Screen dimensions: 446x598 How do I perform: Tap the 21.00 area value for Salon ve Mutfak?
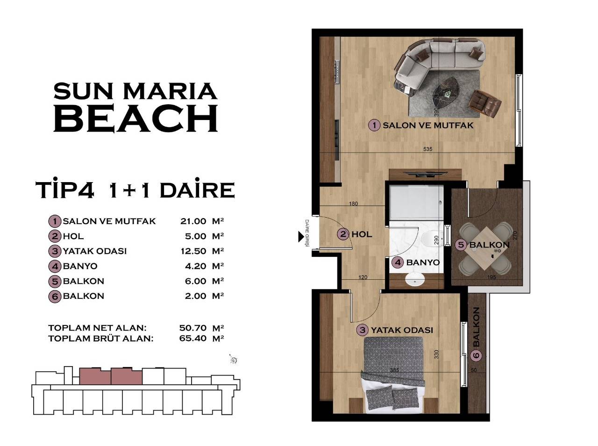[193, 221]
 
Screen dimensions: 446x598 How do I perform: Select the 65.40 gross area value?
[192, 338]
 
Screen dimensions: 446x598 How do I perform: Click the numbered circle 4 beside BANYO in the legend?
[55, 266]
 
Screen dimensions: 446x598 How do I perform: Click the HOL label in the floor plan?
[362, 234]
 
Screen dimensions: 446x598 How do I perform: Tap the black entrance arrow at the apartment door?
[301, 237]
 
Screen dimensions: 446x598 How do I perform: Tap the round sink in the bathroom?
[414, 280]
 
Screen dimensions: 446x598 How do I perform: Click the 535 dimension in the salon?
[428, 149]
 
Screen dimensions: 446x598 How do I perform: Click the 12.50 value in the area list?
[193, 251]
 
